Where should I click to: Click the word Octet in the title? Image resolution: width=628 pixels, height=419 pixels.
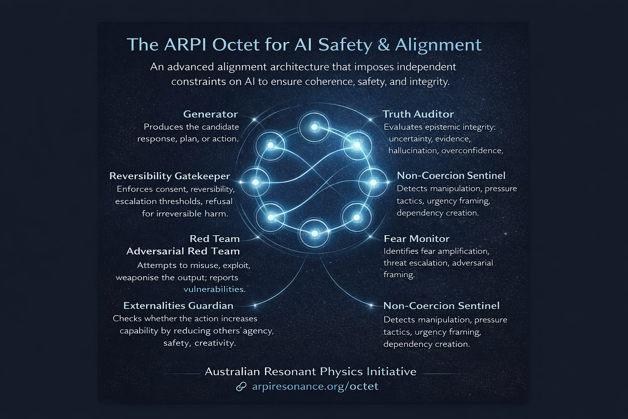236,45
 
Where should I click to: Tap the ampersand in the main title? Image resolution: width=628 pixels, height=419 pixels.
384,45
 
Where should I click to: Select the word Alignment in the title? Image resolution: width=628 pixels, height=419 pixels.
438,45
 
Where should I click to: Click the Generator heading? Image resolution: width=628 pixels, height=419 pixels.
210,114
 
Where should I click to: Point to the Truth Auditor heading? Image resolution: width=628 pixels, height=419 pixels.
418,114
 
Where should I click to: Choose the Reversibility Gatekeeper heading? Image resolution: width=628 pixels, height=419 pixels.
170,176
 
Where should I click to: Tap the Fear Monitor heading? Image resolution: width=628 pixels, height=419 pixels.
416,239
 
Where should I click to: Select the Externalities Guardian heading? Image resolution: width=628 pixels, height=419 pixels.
178,306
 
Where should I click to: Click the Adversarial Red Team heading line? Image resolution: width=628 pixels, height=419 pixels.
183,251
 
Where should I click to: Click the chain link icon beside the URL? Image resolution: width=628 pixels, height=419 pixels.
241,386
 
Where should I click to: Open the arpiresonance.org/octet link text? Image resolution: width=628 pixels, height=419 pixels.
315,386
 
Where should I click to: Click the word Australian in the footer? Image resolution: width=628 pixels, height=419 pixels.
232,372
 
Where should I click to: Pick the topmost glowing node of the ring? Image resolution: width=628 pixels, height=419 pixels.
314,127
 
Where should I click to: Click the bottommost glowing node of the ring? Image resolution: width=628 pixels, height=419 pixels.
314,233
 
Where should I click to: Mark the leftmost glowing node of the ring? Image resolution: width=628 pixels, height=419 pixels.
255,182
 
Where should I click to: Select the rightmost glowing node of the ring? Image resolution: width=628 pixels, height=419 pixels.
373,182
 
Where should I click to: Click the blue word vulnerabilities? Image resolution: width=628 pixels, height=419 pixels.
213,289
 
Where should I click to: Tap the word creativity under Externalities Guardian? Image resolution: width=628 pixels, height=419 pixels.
215,343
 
